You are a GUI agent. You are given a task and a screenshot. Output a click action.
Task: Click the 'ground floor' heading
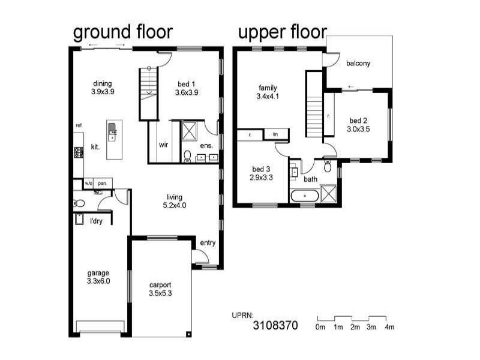[x=123, y=32]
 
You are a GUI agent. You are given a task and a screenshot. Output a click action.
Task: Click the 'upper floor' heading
[x=282, y=32]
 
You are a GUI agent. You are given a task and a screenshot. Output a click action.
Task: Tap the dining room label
[x=103, y=83]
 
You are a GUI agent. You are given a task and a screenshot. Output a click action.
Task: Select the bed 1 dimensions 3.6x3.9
[x=187, y=92]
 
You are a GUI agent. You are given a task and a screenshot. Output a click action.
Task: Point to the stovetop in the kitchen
[x=79, y=152]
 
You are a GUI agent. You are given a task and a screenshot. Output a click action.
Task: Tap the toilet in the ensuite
[x=187, y=156]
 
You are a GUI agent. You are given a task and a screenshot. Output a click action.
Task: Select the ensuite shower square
[x=189, y=131]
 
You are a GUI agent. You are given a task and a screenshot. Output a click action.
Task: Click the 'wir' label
[x=163, y=145]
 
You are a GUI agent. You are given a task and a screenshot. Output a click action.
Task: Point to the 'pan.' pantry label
[x=102, y=184]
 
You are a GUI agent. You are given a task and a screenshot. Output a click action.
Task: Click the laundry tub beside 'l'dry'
[x=79, y=219]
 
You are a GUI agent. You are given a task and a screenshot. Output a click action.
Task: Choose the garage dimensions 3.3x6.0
[x=98, y=281]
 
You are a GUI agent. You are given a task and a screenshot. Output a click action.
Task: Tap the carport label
[x=160, y=285]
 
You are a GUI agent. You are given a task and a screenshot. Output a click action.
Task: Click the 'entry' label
[x=208, y=243]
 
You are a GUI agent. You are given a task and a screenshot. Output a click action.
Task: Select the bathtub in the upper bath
[x=305, y=196]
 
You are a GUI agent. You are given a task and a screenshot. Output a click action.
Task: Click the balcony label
[x=358, y=64]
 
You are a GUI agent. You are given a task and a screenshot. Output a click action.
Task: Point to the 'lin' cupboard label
[x=275, y=134]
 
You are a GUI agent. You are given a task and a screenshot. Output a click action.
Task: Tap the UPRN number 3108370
[x=275, y=325]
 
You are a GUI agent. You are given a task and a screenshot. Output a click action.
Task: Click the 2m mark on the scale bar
[x=355, y=327]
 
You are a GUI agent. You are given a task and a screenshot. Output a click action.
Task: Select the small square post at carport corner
[x=189, y=334]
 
